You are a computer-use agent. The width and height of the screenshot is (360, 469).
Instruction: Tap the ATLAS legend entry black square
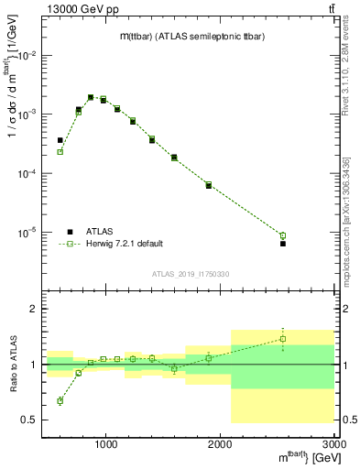coord(70,231)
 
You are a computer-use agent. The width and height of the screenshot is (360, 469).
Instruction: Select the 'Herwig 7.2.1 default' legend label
coord(125,244)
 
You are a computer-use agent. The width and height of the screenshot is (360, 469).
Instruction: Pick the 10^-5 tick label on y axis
coord(27,233)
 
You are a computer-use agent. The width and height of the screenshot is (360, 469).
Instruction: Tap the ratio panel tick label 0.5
coord(28,420)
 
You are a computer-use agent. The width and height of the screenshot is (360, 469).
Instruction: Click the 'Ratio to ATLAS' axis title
coord(12,364)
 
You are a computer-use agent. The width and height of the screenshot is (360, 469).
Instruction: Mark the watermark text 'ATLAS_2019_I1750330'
coord(191,274)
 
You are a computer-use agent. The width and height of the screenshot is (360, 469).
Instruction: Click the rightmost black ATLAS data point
coord(283,244)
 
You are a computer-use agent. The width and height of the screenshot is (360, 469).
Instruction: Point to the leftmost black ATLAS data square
coord(60,140)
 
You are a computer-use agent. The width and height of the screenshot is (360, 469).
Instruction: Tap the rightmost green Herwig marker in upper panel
coord(283,235)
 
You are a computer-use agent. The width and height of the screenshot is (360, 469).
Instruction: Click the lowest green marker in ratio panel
coord(60,400)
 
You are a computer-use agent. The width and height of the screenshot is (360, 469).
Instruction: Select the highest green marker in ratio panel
coord(283,339)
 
